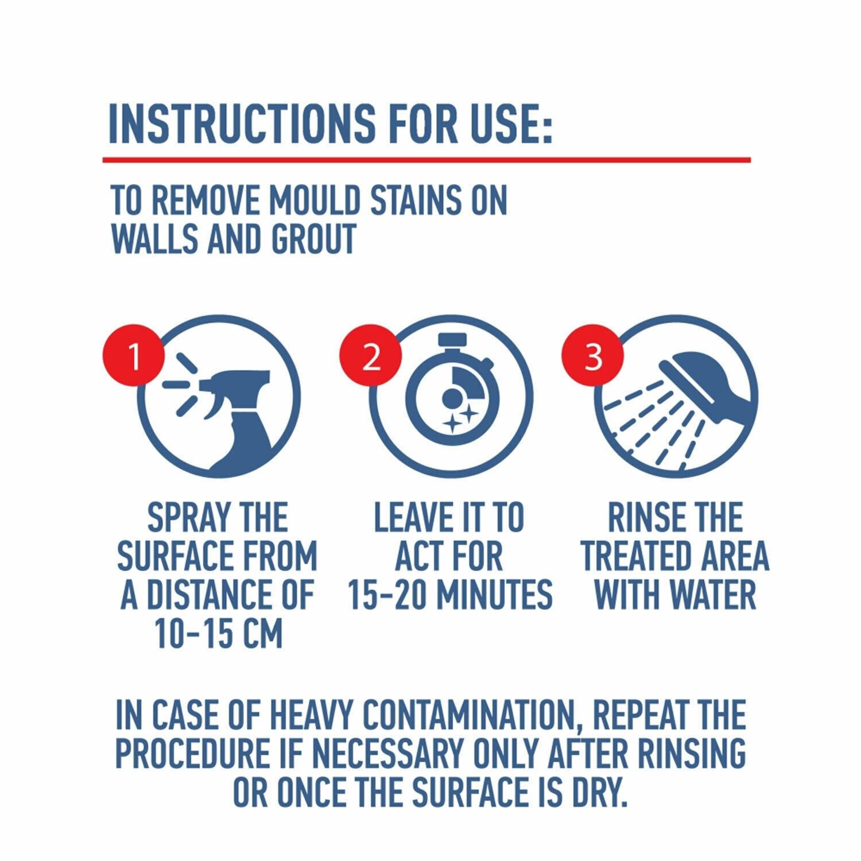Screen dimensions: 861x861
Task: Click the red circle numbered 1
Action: [134, 358]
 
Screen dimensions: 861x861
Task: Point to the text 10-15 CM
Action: [219, 633]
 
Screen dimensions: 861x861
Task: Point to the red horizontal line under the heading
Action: [426, 159]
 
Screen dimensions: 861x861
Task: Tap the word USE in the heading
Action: [510, 123]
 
